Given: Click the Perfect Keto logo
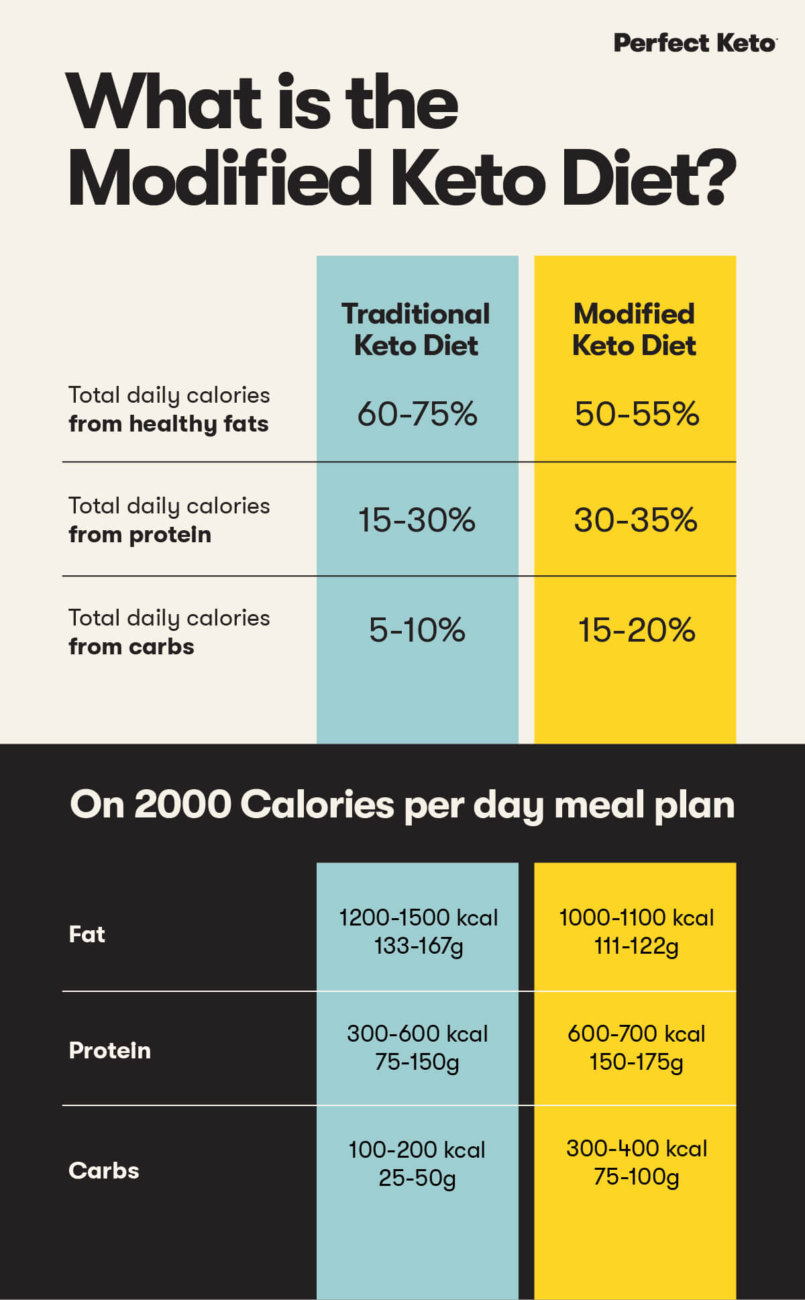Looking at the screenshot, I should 695,43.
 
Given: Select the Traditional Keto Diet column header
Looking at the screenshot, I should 416,330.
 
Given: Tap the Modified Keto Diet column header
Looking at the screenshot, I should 634,330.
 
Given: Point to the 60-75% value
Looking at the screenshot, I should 417,413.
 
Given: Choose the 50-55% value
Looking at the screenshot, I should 637,413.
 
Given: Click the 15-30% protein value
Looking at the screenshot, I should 417,520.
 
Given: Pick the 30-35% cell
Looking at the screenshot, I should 635,520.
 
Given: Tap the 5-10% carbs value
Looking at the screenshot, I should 417,630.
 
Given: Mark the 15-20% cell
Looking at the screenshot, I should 636,630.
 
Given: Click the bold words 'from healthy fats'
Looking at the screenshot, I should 168,424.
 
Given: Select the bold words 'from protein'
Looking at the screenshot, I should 140,535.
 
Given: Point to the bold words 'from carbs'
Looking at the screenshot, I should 131,647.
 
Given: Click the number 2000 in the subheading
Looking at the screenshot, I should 182,804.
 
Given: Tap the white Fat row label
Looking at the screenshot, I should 87,934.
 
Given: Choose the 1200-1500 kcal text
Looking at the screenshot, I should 418,917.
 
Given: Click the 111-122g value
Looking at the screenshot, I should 636,946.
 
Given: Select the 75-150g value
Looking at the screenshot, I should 417,1062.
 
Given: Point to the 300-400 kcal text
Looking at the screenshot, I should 636,1148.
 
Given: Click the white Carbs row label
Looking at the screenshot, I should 103,1170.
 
